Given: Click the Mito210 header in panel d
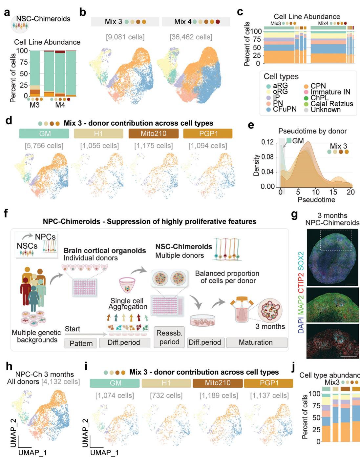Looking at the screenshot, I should tap(154, 133).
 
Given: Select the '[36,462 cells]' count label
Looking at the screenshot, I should tap(191, 37).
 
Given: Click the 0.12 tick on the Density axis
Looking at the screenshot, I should tap(268, 142).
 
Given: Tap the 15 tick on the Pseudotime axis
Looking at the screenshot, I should tap(333, 192).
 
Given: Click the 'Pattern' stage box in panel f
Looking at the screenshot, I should tap(81, 343).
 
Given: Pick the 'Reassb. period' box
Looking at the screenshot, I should tap(169, 338).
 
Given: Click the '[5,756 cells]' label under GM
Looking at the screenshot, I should tap(44, 145).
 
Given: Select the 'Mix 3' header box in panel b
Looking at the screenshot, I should tap(125, 22).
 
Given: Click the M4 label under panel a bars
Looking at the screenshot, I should tap(60, 105).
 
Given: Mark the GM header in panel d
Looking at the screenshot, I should tap(44, 133).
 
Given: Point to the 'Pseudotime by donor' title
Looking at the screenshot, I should tap(312, 131).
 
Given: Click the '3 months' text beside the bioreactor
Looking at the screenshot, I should tap(270, 326).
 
